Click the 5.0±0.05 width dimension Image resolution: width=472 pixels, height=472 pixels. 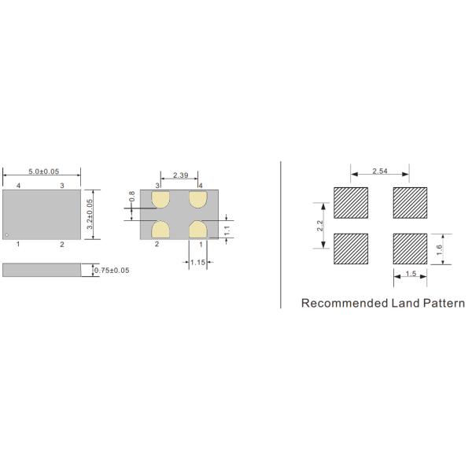(x=44, y=171)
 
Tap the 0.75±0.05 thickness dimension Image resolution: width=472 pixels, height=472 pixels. (x=112, y=270)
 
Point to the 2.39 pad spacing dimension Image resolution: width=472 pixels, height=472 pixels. (x=179, y=175)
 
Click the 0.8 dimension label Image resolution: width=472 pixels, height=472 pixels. (x=132, y=196)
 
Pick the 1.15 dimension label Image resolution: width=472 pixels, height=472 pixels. (x=197, y=262)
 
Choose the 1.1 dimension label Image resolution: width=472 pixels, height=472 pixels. (x=227, y=230)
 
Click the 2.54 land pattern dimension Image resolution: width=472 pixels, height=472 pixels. (x=380, y=171)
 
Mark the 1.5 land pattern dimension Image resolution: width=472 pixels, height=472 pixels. (x=410, y=274)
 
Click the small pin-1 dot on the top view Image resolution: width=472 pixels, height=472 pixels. (x=7, y=234)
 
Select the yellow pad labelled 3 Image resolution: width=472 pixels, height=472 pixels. (x=161, y=200)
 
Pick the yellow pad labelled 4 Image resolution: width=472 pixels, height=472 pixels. (x=197, y=200)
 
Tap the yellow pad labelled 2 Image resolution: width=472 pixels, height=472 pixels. (x=161, y=229)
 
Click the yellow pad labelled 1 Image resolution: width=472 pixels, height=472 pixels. (x=197, y=229)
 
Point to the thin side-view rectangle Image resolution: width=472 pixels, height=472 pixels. (x=41, y=270)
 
